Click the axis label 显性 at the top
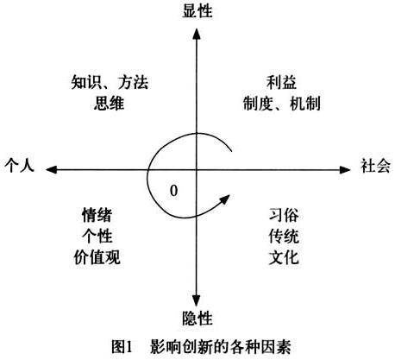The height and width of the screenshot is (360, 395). pos(197,11)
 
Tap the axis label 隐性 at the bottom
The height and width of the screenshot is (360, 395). pos(197,319)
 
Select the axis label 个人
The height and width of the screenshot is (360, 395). pos(19,165)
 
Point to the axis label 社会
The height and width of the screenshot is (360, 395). pos(375,166)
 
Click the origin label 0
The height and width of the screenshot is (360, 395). pos(173,191)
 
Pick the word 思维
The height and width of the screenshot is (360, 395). pos(109,104)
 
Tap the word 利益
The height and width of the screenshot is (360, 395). pos(281,82)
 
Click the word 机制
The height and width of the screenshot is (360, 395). pos(305,104)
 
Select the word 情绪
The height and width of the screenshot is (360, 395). pos(97,215)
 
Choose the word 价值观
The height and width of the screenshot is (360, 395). pos(97,257)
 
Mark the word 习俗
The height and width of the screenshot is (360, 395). pos(284,215)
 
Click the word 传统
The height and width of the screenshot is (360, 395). pos(284,236)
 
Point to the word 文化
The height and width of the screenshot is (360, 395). pos(284,257)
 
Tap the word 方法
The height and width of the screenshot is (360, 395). pos(133,82)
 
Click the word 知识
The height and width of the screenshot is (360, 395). pos(86,82)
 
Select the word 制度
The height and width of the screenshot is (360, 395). pos(258,104)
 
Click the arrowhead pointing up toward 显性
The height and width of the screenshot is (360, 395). pos(197,34)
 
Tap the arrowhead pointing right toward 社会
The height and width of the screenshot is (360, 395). pos(345,170)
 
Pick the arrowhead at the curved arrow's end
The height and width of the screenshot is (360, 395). pos(225,199)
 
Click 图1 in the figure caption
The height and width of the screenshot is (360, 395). pos(122,346)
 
